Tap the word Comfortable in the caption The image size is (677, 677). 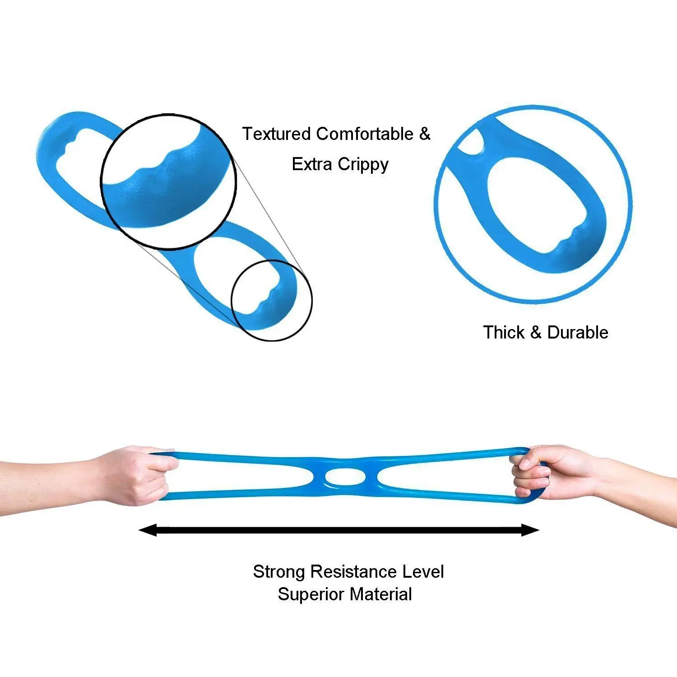pyautogui.click(x=364, y=134)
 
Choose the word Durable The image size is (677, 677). pyautogui.click(x=577, y=333)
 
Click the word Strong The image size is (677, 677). pyautogui.click(x=279, y=572)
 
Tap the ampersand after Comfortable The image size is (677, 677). pyautogui.click(x=425, y=134)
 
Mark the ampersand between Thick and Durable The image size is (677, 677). pyautogui.click(x=536, y=333)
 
